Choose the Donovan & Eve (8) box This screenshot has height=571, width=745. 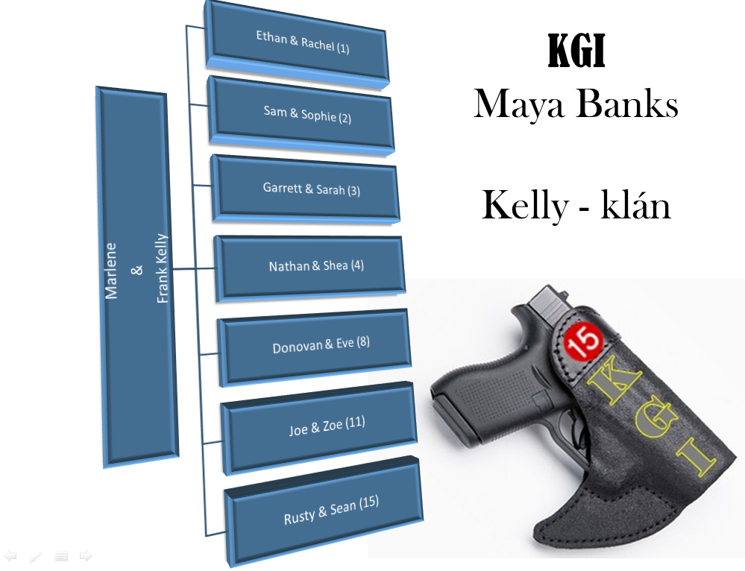coord(316,346)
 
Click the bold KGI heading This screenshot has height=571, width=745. coord(576,53)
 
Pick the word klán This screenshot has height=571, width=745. coord(635,206)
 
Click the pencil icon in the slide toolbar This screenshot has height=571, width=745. coord(36,556)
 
